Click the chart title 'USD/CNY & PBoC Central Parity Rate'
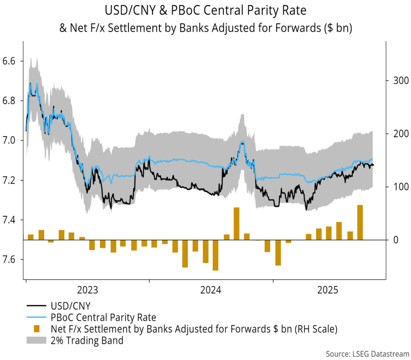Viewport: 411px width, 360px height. [205, 10]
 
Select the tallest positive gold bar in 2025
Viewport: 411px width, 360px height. [360, 222]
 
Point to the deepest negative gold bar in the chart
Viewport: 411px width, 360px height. [216, 255]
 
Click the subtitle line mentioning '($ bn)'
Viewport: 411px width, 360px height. [205, 29]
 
